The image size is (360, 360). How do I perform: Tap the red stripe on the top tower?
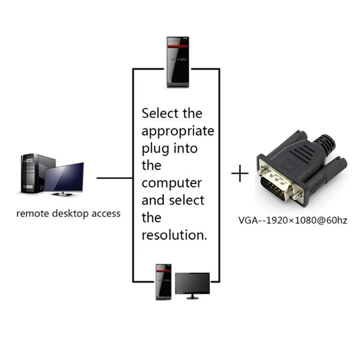[x=178, y=46]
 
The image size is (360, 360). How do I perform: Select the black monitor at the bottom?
[x=192, y=283]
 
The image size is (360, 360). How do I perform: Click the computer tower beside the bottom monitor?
[x=163, y=282]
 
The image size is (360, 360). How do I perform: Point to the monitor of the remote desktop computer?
[x=65, y=178]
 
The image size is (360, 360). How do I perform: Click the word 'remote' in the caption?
[x=32, y=214]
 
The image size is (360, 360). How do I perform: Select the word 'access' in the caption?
[x=106, y=214]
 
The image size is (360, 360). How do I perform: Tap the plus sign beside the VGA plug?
[x=240, y=174]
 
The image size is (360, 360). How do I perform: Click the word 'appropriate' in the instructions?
[x=178, y=131]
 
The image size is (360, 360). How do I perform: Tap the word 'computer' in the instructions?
[x=171, y=183]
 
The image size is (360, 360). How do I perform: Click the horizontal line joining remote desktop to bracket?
[x=114, y=178]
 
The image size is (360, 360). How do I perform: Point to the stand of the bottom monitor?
[x=192, y=297]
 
